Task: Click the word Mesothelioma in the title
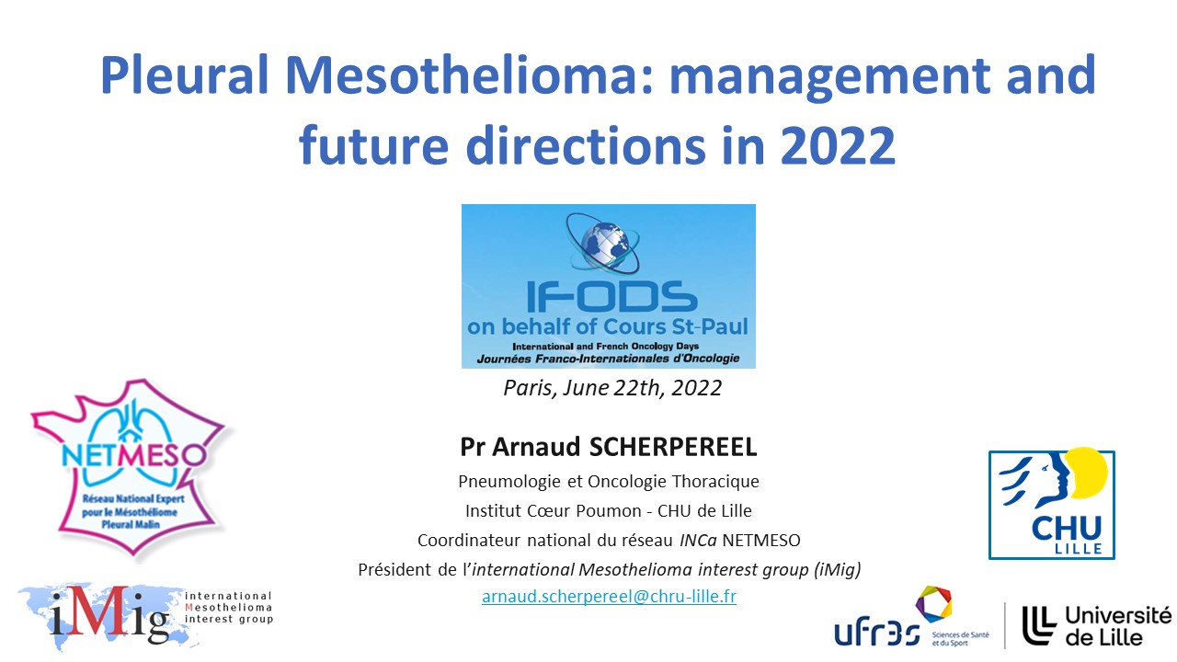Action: (469, 74)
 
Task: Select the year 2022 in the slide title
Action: (838, 145)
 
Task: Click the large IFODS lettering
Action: (611, 297)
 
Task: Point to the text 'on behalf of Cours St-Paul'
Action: (608, 326)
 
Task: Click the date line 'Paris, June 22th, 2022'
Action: (612, 388)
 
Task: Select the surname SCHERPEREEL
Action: (673, 447)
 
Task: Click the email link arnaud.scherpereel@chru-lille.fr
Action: (609, 597)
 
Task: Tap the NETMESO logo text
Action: (133, 455)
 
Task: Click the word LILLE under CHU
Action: (1079, 549)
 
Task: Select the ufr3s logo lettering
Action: (877, 632)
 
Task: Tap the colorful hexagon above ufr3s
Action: (933, 604)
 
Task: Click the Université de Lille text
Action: (1118, 625)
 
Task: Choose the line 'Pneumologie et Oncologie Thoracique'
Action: (609, 481)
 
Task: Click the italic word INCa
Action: (698, 540)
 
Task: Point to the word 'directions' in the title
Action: (586, 145)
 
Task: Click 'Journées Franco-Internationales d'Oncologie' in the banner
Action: (608, 359)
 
